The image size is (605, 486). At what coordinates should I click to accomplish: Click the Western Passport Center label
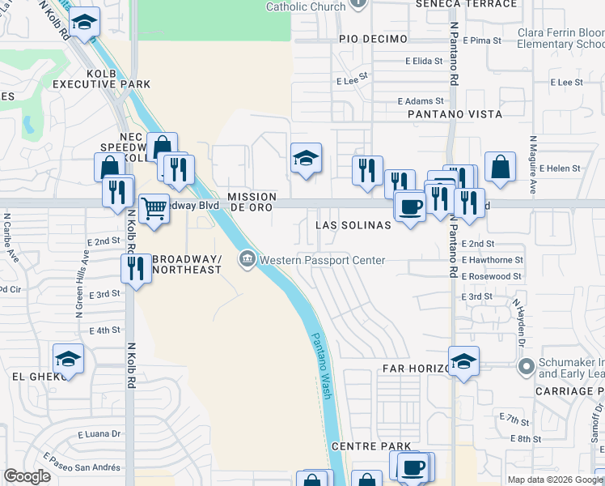pyautogui.click(x=322, y=260)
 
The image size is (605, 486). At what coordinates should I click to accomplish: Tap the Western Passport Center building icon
pyautogui.click(x=247, y=259)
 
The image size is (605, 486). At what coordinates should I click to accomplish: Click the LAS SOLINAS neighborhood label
pyautogui.click(x=353, y=224)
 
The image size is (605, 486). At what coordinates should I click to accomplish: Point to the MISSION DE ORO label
pyautogui.click(x=252, y=202)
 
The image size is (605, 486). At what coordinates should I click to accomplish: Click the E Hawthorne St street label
pyautogui.click(x=493, y=260)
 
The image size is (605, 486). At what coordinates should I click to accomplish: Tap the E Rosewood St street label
pyautogui.click(x=492, y=276)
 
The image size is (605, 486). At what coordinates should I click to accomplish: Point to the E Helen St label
pyautogui.click(x=563, y=168)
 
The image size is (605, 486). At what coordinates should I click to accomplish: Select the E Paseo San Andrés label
pyautogui.click(x=83, y=467)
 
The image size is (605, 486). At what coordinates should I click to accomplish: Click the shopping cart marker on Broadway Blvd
pyautogui.click(x=154, y=209)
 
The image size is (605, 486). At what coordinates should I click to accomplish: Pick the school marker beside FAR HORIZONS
pyautogui.click(x=463, y=361)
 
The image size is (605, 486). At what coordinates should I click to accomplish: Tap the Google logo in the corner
pyautogui.click(x=27, y=476)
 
